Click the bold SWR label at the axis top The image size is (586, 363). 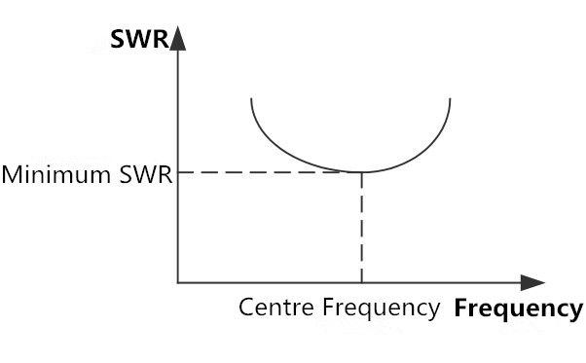(x=139, y=40)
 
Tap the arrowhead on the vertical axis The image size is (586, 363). (x=177, y=39)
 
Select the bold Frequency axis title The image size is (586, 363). (x=518, y=309)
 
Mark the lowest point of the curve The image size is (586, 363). (x=361, y=171)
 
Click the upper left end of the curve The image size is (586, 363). (x=251, y=99)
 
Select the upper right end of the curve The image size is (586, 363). (x=450, y=98)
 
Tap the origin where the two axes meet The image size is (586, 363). (x=177, y=282)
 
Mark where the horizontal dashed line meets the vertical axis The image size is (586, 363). (x=177, y=172)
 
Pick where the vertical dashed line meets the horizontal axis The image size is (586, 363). (x=361, y=282)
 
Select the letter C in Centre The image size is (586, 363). (x=246, y=309)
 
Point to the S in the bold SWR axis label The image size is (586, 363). (x=118, y=40)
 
